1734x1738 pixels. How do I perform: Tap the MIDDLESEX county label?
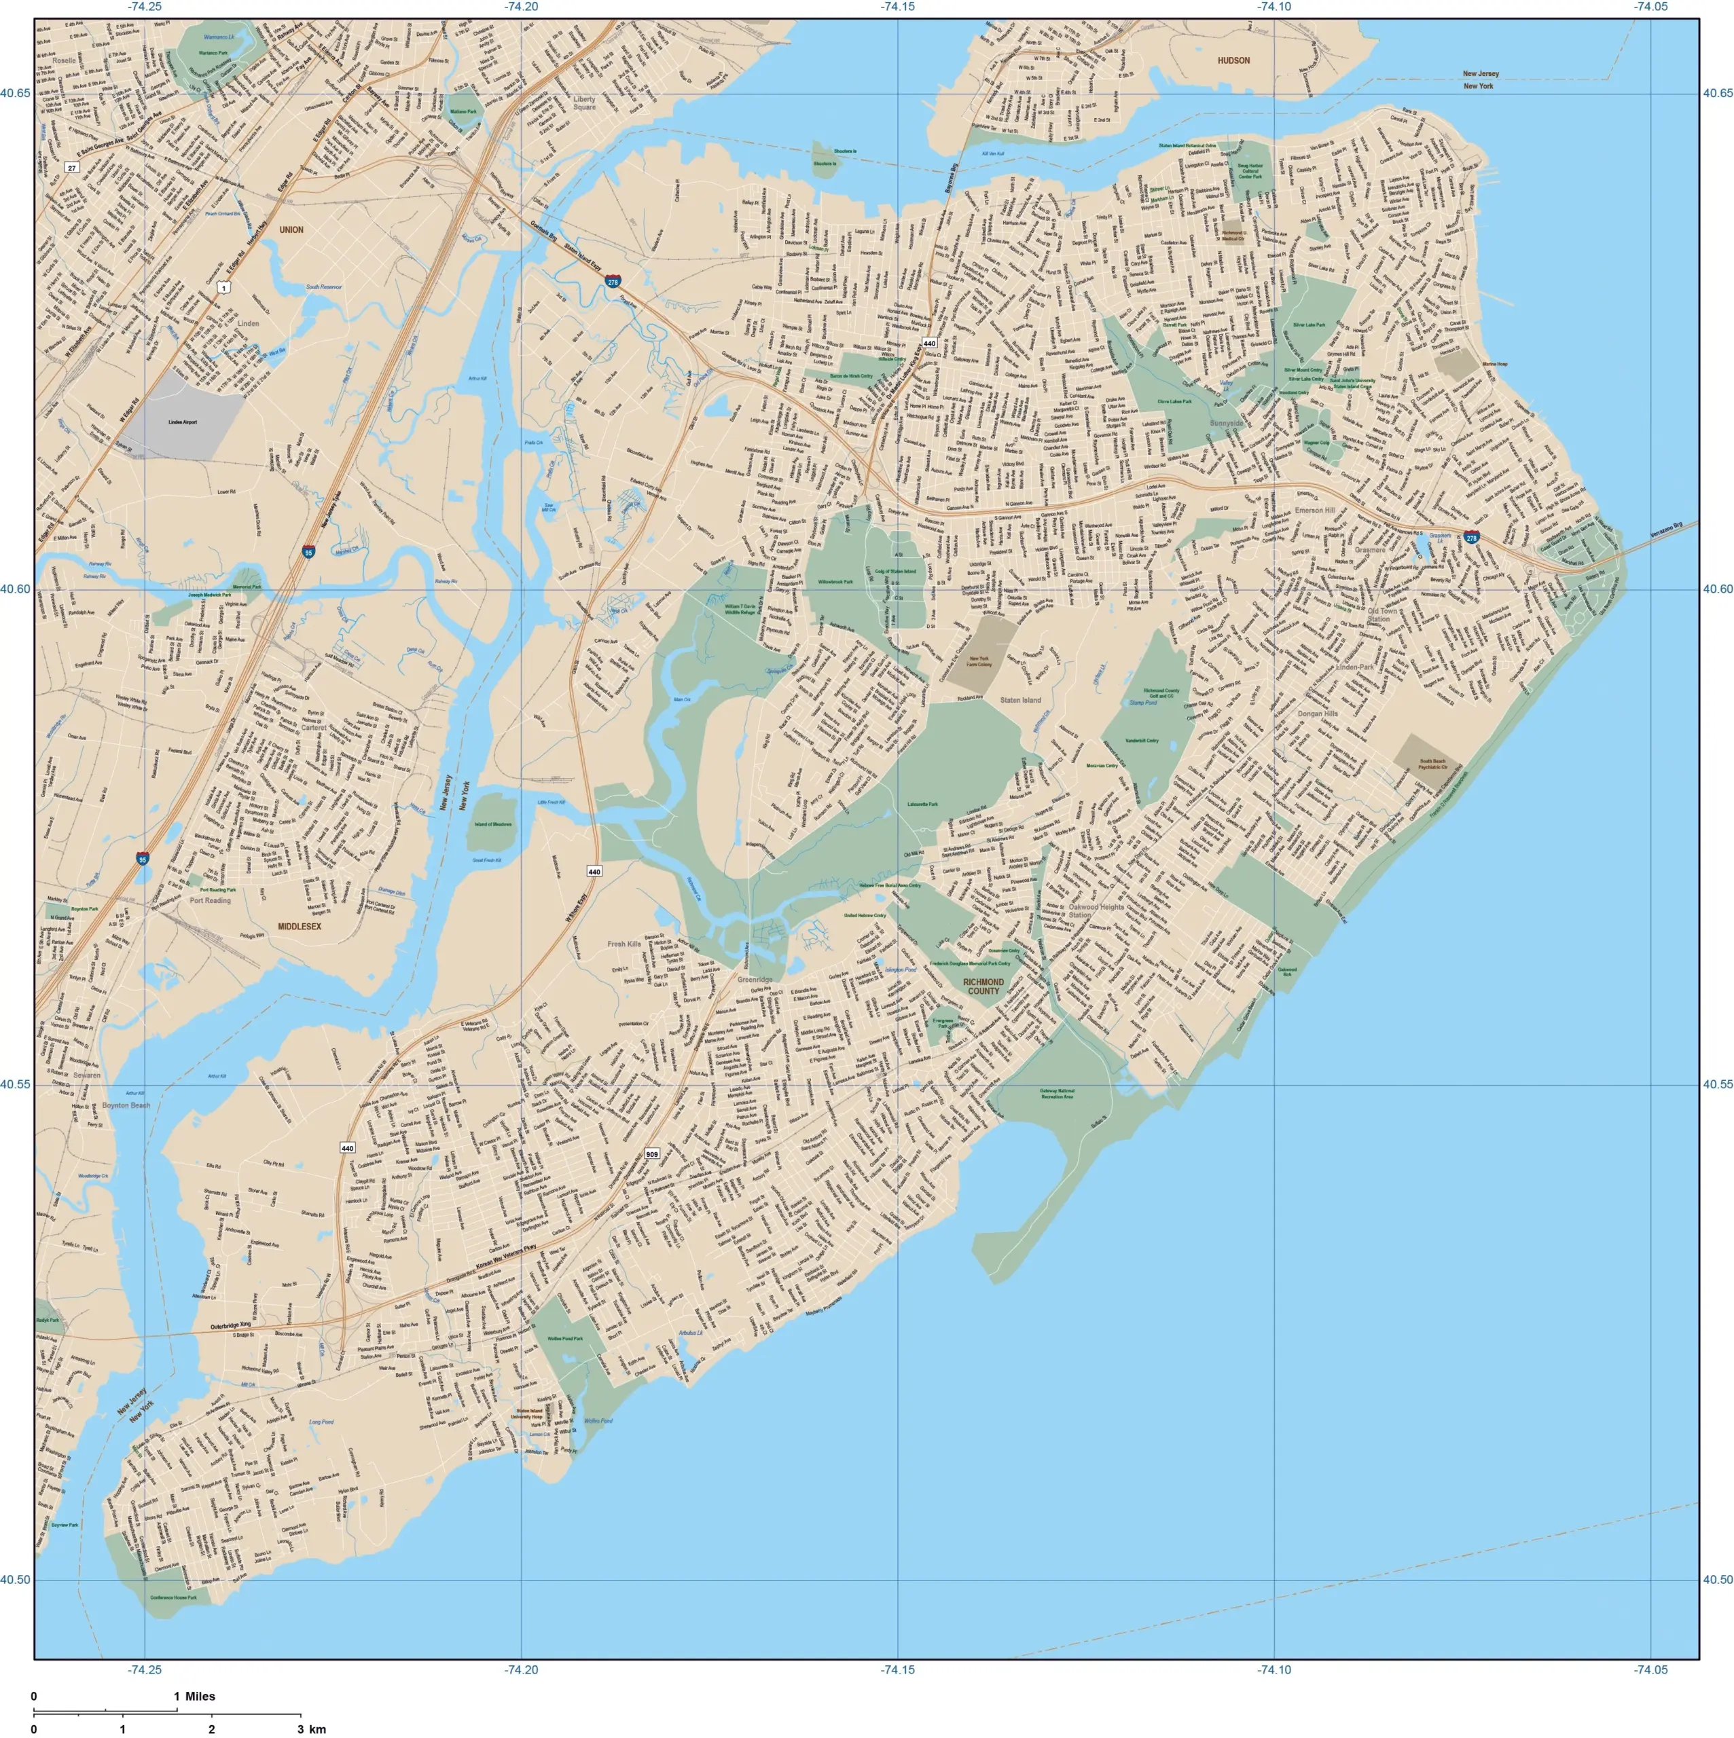pos(299,925)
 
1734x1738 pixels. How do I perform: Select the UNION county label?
pos(291,230)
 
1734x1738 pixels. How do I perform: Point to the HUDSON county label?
pos(1233,60)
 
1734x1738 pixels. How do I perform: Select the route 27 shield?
pos(72,167)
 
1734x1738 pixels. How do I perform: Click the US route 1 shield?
pos(223,287)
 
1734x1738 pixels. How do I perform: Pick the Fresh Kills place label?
pos(624,944)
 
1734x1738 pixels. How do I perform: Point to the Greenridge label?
pos(755,980)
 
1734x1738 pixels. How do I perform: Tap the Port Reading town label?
pos(210,900)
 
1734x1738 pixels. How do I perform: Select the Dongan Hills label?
pos(1318,714)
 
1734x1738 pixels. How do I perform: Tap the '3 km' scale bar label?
pos(312,1729)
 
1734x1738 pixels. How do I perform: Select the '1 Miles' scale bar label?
pos(194,1697)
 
